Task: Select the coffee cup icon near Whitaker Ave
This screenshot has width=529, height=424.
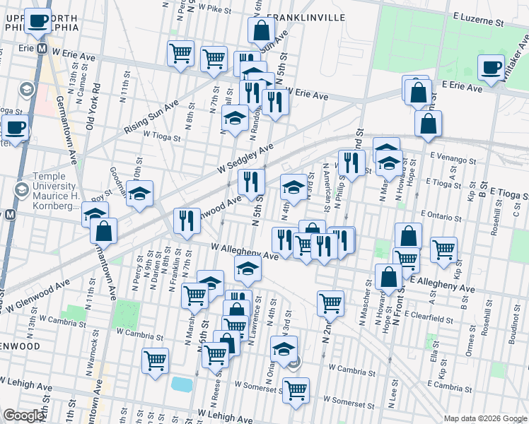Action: click(x=489, y=67)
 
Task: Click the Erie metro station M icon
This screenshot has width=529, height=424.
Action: click(x=42, y=49)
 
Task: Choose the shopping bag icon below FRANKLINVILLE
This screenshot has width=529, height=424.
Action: click(x=261, y=30)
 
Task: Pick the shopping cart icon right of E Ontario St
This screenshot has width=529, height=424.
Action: click(x=443, y=249)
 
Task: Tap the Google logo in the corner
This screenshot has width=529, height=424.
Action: click(x=23, y=416)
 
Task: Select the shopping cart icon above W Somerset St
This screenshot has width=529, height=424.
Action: click(x=296, y=389)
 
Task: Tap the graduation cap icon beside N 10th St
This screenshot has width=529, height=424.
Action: click(x=140, y=194)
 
